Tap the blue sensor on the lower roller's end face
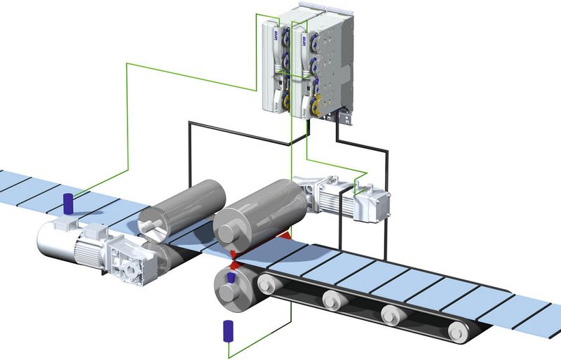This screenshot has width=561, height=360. click(x=230, y=279)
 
